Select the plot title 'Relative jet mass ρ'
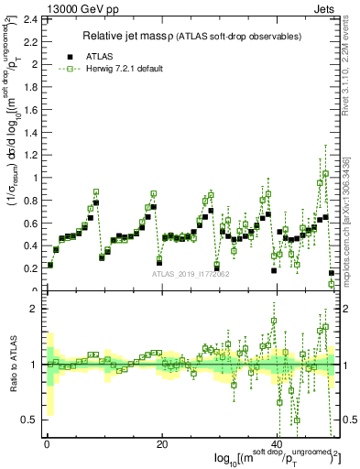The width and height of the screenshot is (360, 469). tap(135, 36)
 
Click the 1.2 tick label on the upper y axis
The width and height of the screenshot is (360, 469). tap(28, 155)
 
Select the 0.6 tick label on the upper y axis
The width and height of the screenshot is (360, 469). tap(28, 224)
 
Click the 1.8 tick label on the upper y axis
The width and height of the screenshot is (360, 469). tap(28, 87)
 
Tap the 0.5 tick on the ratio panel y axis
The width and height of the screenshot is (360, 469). tap(28, 420)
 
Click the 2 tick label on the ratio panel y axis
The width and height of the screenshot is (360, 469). tap(34, 309)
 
